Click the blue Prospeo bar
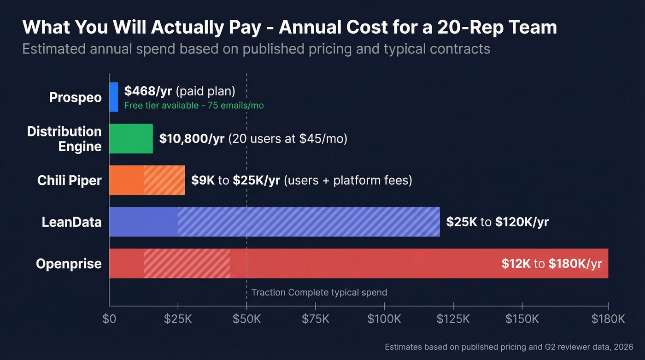click(x=113, y=97)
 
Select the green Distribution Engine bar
click(x=131, y=138)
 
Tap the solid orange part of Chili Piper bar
click(x=126, y=180)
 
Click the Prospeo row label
click(x=76, y=97)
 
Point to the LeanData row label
click(x=71, y=222)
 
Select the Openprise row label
click(x=69, y=264)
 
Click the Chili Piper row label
click(x=69, y=180)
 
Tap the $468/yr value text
click(x=148, y=91)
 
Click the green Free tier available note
click(x=194, y=106)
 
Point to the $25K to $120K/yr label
click(x=497, y=222)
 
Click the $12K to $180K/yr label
click(x=551, y=264)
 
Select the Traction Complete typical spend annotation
click(x=319, y=292)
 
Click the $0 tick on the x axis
click(x=109, y=319)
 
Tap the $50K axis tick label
click(x=247, y=319)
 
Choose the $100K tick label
click(x=384, y=319)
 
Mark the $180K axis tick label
click(x=608, y=319)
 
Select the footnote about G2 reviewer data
click(x=509, y=347)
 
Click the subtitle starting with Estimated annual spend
click(x=256, y=49)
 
